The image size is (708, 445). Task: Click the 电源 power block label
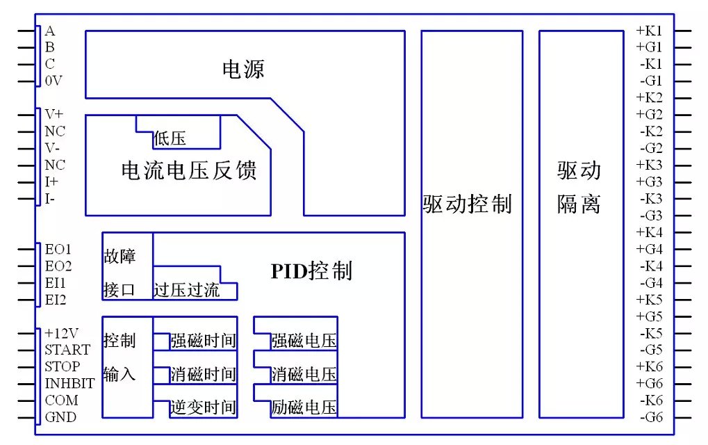click(x=243, y=69)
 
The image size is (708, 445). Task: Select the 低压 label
click(x=170, y=139)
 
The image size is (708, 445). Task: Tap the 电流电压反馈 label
click(x=189, y=170)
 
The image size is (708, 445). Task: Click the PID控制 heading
click(x=311, y=270)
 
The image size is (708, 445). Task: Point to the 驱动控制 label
click(x=467, y=204)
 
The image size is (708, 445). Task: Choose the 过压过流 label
click(x=186, y=290)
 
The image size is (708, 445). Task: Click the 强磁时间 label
click(x=203, y=341)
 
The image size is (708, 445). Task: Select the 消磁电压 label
click(x=304, y=375)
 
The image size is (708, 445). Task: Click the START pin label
click(x=67, y=350)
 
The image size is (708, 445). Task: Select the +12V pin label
click(x=62, y=333)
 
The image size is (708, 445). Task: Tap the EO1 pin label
click(x=58, y=249)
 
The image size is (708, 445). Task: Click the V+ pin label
click(x=53, y=114)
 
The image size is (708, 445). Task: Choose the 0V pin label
click(x=53, y=81)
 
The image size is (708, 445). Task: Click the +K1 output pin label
click(x=649, y=31)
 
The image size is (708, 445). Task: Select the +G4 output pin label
click(x=649, y=249)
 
